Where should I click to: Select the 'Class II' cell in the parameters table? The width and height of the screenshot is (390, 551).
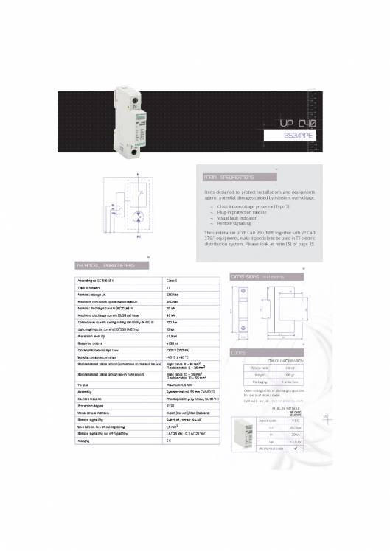[x=174, y=281]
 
